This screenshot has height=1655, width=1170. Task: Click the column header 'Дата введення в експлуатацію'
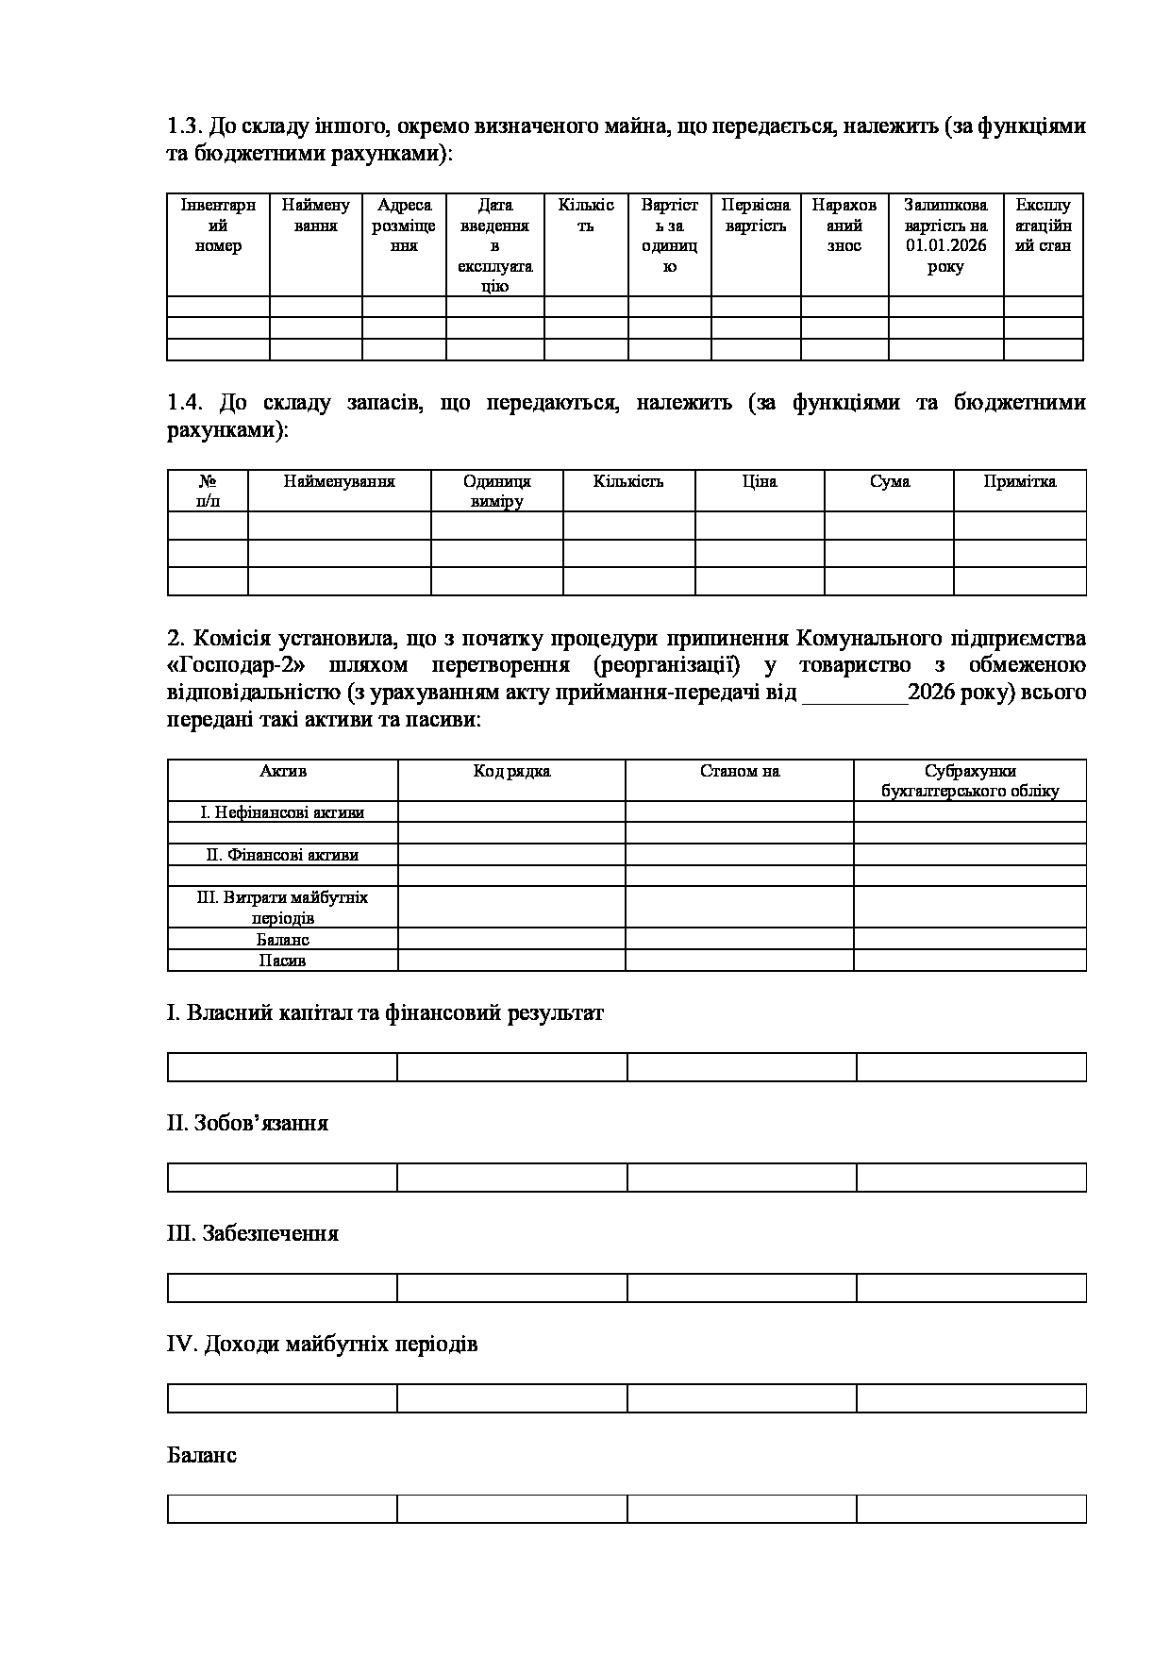point(494,245)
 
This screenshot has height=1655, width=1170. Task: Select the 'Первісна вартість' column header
point(755,215)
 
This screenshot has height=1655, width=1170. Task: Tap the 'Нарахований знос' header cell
point(844,226)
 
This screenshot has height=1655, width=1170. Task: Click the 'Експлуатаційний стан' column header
point(1043,226)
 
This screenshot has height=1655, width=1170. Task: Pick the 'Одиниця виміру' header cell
point(496,492)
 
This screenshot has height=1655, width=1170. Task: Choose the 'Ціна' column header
point(759,482)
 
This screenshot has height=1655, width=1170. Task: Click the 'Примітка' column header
point(1019,482)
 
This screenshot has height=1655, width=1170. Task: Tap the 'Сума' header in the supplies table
point(889,482)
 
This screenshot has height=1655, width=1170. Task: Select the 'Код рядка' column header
point(511,772)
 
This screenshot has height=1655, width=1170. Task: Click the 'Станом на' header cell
point(739,772)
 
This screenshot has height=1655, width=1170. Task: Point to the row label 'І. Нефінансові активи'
point(282,812)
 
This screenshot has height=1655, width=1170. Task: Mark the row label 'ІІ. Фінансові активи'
point(282,855)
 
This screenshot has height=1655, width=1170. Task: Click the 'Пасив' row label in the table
point(282,961)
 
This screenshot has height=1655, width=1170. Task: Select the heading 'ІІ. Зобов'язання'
point(247,1123)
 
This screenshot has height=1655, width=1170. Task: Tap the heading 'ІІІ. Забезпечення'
point(252,1233)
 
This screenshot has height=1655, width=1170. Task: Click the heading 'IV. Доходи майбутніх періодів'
point(322,1344)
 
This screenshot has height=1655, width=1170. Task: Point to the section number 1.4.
point(185,403)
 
